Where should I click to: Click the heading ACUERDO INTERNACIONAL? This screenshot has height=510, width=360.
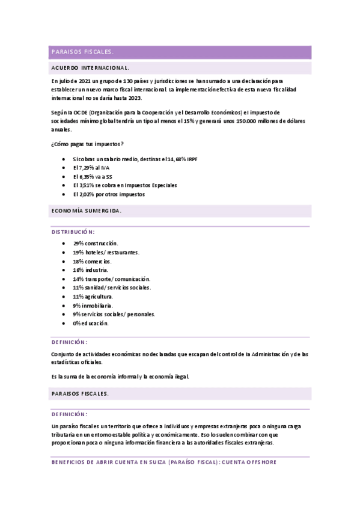pyautogui.click(x=91, y=68)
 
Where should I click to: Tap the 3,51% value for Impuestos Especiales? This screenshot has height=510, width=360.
pyautogui.click(x=83, y=185)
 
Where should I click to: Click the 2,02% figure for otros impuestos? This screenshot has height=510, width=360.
pyautogui.click(x=83, y=194)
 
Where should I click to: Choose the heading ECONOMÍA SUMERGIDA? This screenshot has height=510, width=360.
pyautogui.click(x=87, y=211)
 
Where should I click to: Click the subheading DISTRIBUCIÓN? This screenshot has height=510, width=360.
pyautogui.click(x=72, y=232)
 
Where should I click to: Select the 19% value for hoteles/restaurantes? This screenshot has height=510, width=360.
pyautogui.click(x=78, y=252)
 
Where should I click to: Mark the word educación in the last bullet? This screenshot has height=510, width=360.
pyautogui.click(x=96, y=323)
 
